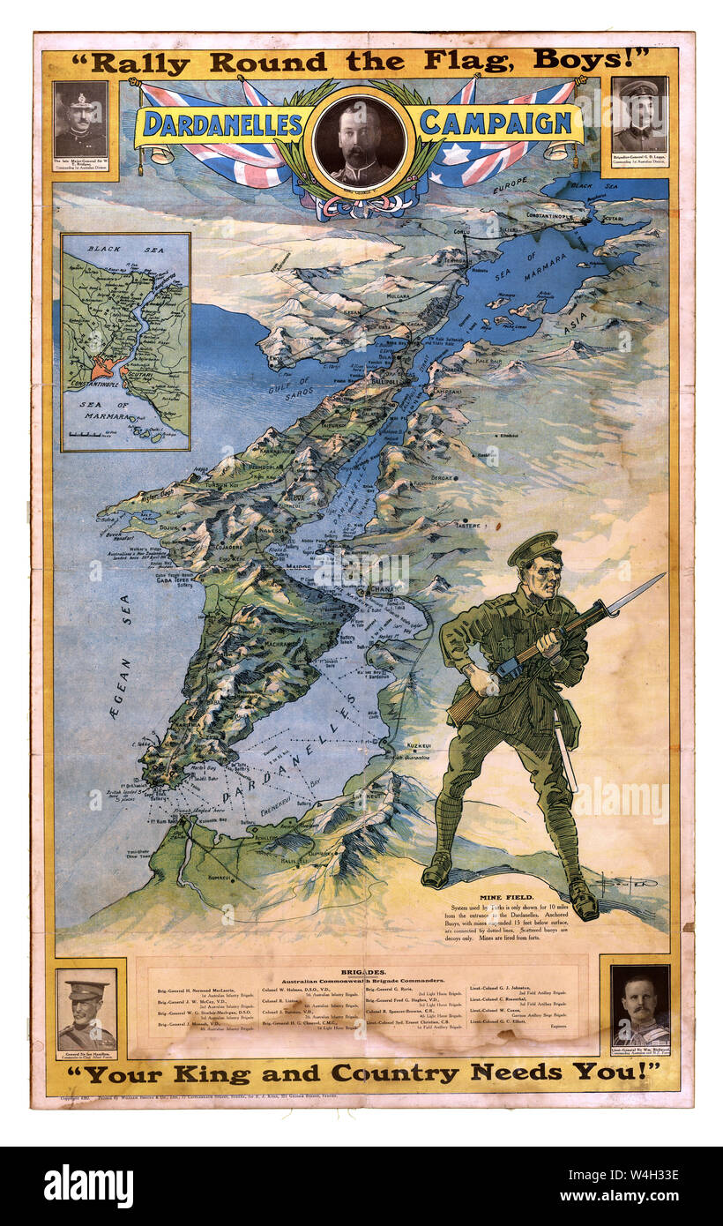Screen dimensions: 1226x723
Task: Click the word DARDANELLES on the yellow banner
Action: click(x=223, y=123)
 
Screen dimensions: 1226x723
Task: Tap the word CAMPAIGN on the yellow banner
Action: click(x=496, y=122)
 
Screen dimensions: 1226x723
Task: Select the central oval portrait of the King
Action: click(x=360, y=141)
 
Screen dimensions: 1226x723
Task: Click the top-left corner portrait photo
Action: click(x=80, y=120)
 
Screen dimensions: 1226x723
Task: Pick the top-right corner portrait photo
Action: click(x=640, y=115)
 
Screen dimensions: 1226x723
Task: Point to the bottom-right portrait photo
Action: click(x=640, y=1005)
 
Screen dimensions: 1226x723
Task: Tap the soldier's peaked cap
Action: click(x=534, y=548)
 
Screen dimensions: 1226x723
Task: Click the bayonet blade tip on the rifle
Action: click(x=660, y=577)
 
